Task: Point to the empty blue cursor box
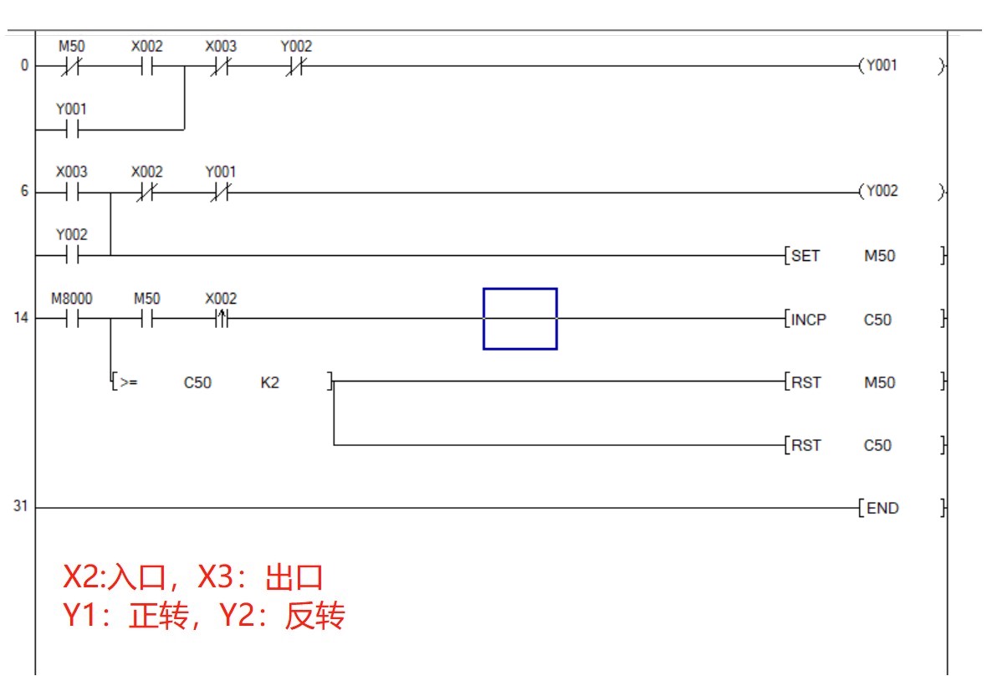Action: [519, 319]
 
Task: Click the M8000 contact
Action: [71, 319]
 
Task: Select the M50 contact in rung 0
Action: [71, 66]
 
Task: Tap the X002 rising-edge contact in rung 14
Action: [221, 319]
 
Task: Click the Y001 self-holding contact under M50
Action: [71, 130]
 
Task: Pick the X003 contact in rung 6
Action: [71, 192]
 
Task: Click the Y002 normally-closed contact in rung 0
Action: [295, 66]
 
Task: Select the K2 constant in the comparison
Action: [270, 383]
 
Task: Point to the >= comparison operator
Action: [128, 383]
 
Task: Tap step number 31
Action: [20, 507]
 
